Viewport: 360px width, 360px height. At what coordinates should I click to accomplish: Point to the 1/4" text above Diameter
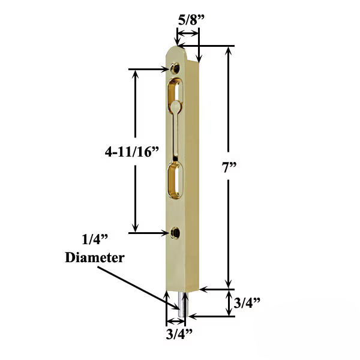[x=95, y=240]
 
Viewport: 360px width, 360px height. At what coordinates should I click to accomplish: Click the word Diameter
[x=94, y=258]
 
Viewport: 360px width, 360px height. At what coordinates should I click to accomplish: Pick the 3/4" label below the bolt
[x=179, y=332]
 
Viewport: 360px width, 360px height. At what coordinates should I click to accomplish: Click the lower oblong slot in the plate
[x=175, y=179]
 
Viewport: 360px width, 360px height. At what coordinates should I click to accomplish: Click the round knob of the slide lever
[x=175, y=106]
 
